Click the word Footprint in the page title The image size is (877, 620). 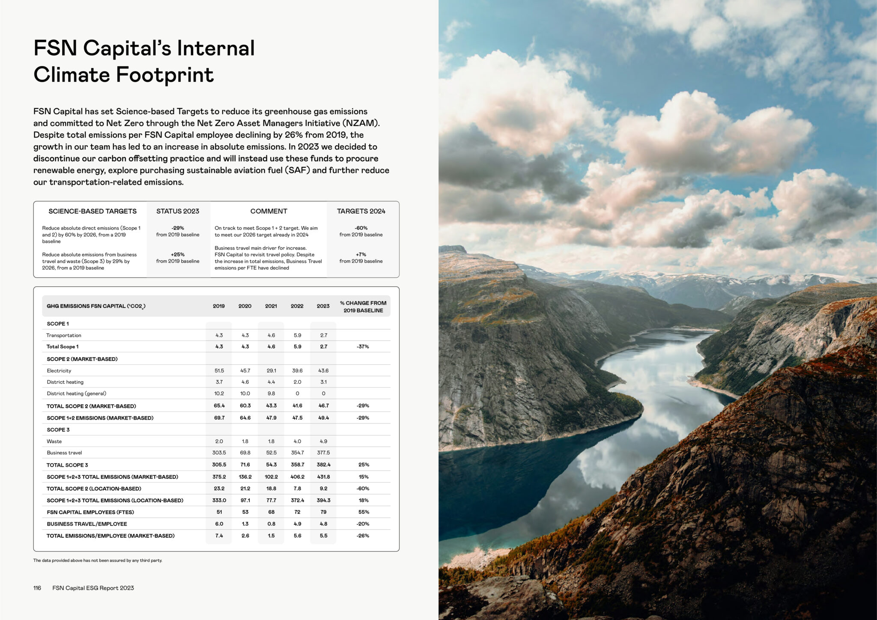165,75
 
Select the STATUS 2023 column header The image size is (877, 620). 178,211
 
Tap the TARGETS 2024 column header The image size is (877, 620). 361,211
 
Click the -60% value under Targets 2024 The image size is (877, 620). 361,228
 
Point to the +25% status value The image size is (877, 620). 178,255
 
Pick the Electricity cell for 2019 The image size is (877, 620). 219,371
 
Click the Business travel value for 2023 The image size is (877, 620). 323,453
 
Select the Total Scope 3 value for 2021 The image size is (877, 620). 271,465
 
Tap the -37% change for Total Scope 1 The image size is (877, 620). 363,347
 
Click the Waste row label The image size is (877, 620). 54,441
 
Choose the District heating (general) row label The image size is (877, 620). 77,393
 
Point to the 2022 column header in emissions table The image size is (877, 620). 297,306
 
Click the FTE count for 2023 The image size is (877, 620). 323,512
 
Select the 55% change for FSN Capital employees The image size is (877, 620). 363,512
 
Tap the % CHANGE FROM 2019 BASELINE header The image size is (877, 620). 363,307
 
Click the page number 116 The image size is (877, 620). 37,588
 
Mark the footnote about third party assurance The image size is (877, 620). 98,560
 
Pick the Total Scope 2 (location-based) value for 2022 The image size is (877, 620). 297,489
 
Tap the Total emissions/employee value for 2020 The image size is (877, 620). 245,536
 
